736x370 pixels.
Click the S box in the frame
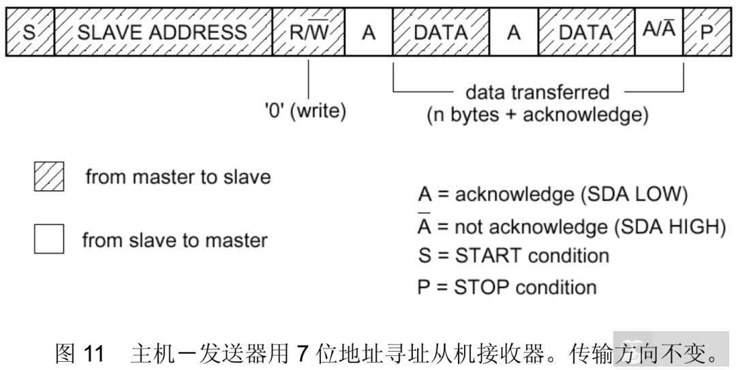tap(29, 32)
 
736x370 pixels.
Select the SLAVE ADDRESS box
tap(162, 32)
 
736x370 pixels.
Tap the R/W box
tap(309, 32)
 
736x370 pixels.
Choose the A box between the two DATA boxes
tap(514, 32)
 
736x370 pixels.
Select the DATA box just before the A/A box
tap(587, 32)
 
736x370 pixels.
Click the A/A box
tap(659, 32)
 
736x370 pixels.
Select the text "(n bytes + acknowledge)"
tap(538, 114)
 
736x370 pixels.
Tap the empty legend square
tap(49, 240)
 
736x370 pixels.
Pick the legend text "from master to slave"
tap(178, 177)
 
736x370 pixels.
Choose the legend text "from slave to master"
tap(175, 240)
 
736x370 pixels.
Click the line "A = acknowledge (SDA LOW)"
tap(553, 195)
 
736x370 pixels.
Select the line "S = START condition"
tap(513, 256)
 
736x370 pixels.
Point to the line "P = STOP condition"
tap(507, 286)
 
